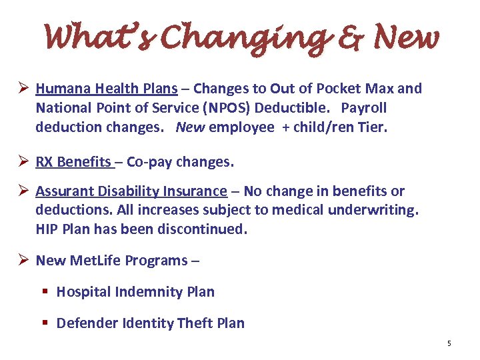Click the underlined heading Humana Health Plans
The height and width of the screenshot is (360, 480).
click(x=107, y=89)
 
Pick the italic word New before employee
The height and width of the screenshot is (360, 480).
click(x=190, y=127)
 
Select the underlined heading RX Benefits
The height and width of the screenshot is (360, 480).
click(x=73, y=162)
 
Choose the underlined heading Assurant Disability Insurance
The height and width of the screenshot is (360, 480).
click(x=131, y=191)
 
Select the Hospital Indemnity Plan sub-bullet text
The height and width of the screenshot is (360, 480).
click(x=135, y=292)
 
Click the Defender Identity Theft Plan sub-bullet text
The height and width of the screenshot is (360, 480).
click(x=151, y=323)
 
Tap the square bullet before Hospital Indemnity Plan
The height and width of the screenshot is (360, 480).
click(x=45, y=292)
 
